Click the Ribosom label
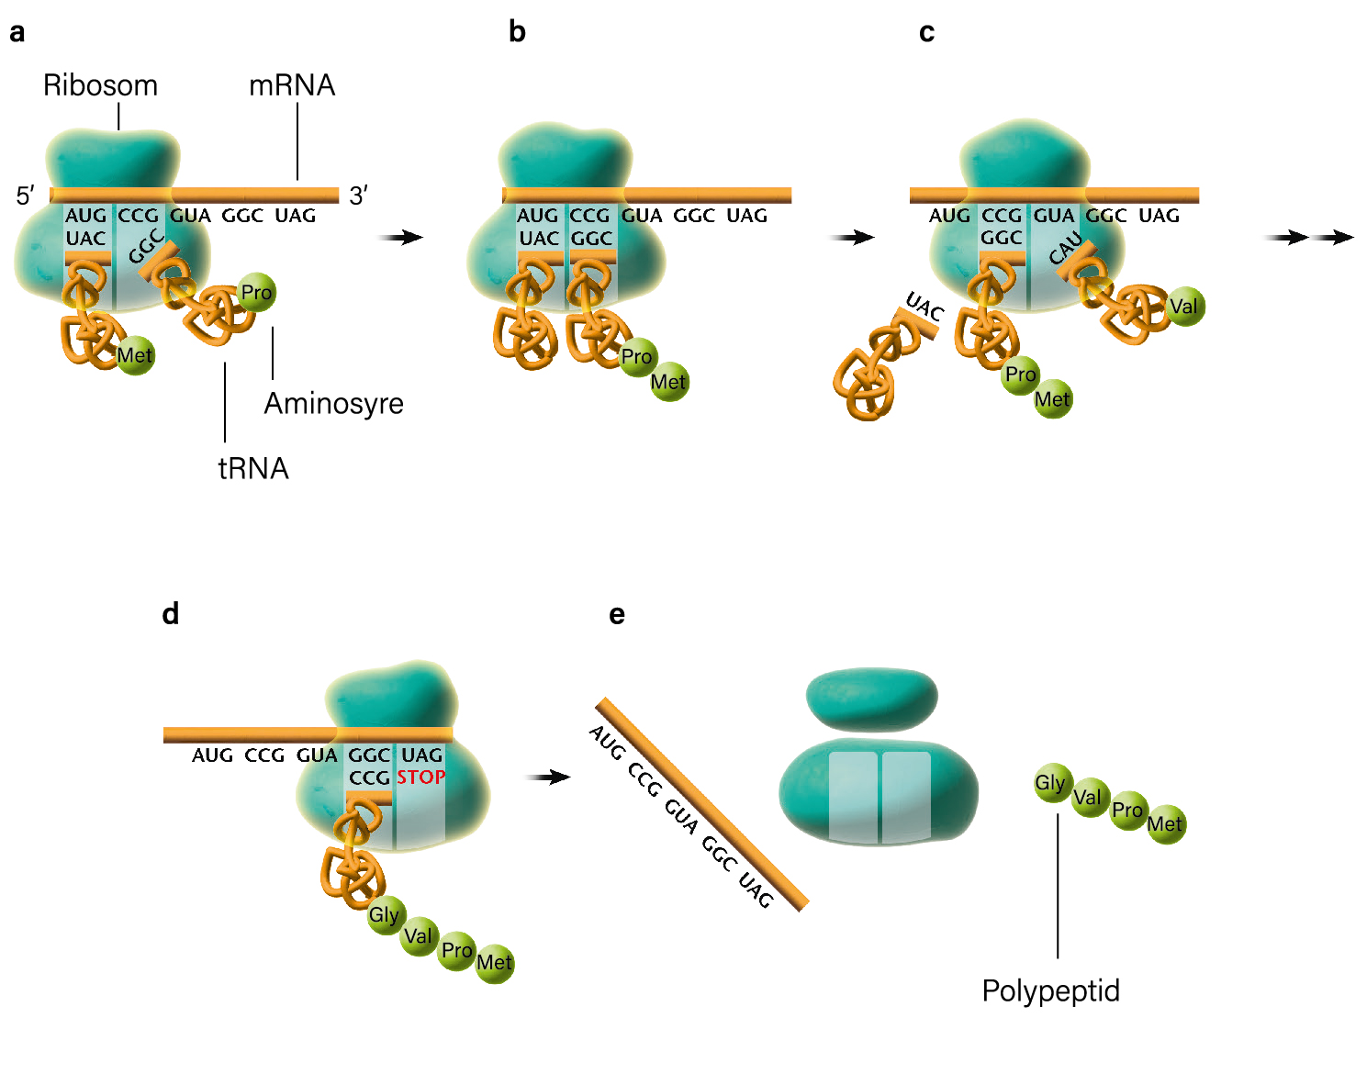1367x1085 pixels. click(100, 85)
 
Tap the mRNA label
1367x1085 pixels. click(292, 85)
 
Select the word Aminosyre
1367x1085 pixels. click(333, 404)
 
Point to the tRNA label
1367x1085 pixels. click(253, 469)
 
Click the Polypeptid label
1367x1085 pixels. click(1050, 991)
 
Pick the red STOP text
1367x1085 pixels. click(421, 777)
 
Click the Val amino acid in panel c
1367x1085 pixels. click(1184, 307)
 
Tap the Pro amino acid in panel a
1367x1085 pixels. click(256, 292)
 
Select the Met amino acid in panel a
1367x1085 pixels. click(135, 355)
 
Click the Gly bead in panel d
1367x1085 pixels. click(385, 915)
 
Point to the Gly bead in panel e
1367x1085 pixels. click(1052, 783)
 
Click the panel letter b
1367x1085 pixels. click(517, 32)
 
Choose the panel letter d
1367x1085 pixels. click(170, 614)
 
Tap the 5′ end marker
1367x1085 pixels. click(25, 196)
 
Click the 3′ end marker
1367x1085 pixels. click(358, 196)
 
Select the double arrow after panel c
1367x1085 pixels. click(1308, 238)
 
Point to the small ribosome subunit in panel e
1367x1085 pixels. click(871, 699)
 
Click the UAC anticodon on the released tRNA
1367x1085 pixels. click(924, 307)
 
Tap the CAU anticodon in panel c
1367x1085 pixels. click(1065, 248)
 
